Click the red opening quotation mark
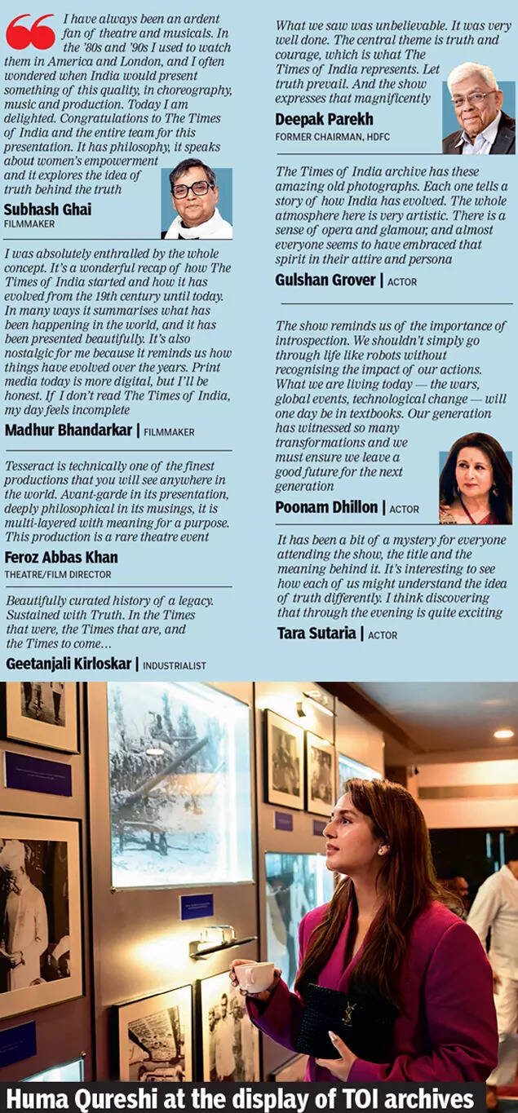[30, 32]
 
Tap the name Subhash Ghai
[47, 210]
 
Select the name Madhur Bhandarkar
[69, 430]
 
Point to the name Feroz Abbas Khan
[61, 558]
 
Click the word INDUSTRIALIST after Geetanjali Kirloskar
[174, 665]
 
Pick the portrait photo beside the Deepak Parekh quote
[479, 108]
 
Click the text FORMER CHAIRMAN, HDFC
[330, 137]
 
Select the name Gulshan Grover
[326, 280]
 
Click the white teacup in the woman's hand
[255, 977]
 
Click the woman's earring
[380, 850]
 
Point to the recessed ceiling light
[503, 734]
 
